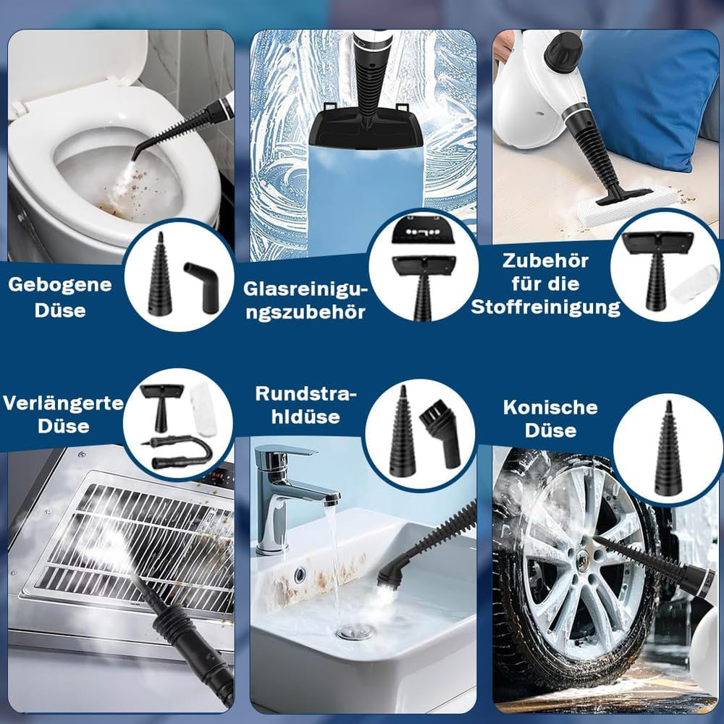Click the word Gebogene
point(60,285)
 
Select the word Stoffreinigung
point(545,307)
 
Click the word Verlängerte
point(63,403)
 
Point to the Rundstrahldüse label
point(306,405)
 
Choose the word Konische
point(550,407)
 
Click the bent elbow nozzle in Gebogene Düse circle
point(200,285)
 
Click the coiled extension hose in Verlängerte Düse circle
point(182,452)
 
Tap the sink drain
point(355,632)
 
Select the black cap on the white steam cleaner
point(563,52)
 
